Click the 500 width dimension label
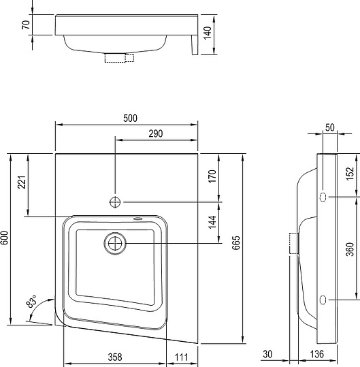[130, 118]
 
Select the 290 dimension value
[156, 133]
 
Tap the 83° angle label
[32, 301]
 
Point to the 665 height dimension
[236, 242]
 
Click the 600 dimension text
[5, 238]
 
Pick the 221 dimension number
[22, 182]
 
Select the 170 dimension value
[212, 176]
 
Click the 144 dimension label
[212, 222]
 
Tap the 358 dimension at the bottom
[115, 357]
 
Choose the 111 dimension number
[181, 357]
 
